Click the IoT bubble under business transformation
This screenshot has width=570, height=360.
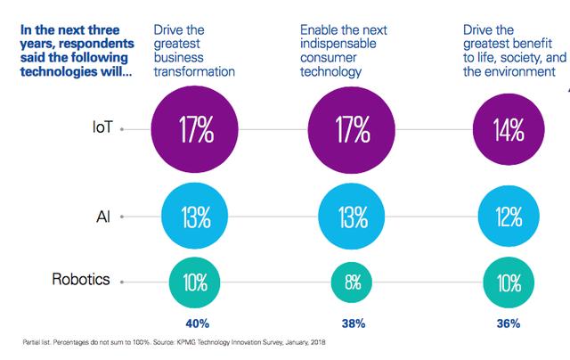[x=194, y=129]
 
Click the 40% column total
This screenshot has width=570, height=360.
[x=194, y=323]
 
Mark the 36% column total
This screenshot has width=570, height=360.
[x=509, y=323]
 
